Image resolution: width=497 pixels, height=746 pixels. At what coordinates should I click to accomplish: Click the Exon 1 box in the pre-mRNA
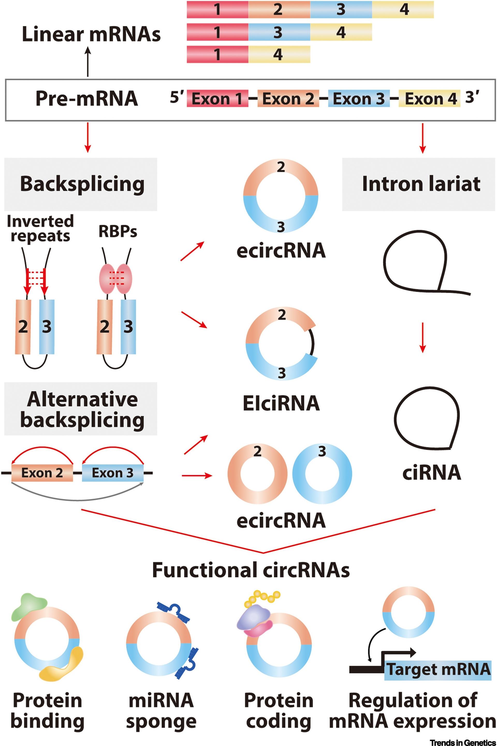(217, 98)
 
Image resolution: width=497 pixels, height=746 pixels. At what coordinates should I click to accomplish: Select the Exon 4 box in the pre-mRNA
(429, 98)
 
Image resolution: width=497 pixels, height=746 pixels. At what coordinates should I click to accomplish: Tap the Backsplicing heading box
(81, 184)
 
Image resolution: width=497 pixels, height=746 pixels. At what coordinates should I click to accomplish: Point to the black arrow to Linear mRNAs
(88, 62)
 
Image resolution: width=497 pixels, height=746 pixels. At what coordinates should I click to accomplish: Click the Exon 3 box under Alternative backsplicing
(113, 473)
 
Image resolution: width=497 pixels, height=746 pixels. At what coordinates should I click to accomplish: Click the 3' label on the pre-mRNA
(472, 97)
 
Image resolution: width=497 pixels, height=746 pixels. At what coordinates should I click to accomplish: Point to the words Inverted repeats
(40, 228)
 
